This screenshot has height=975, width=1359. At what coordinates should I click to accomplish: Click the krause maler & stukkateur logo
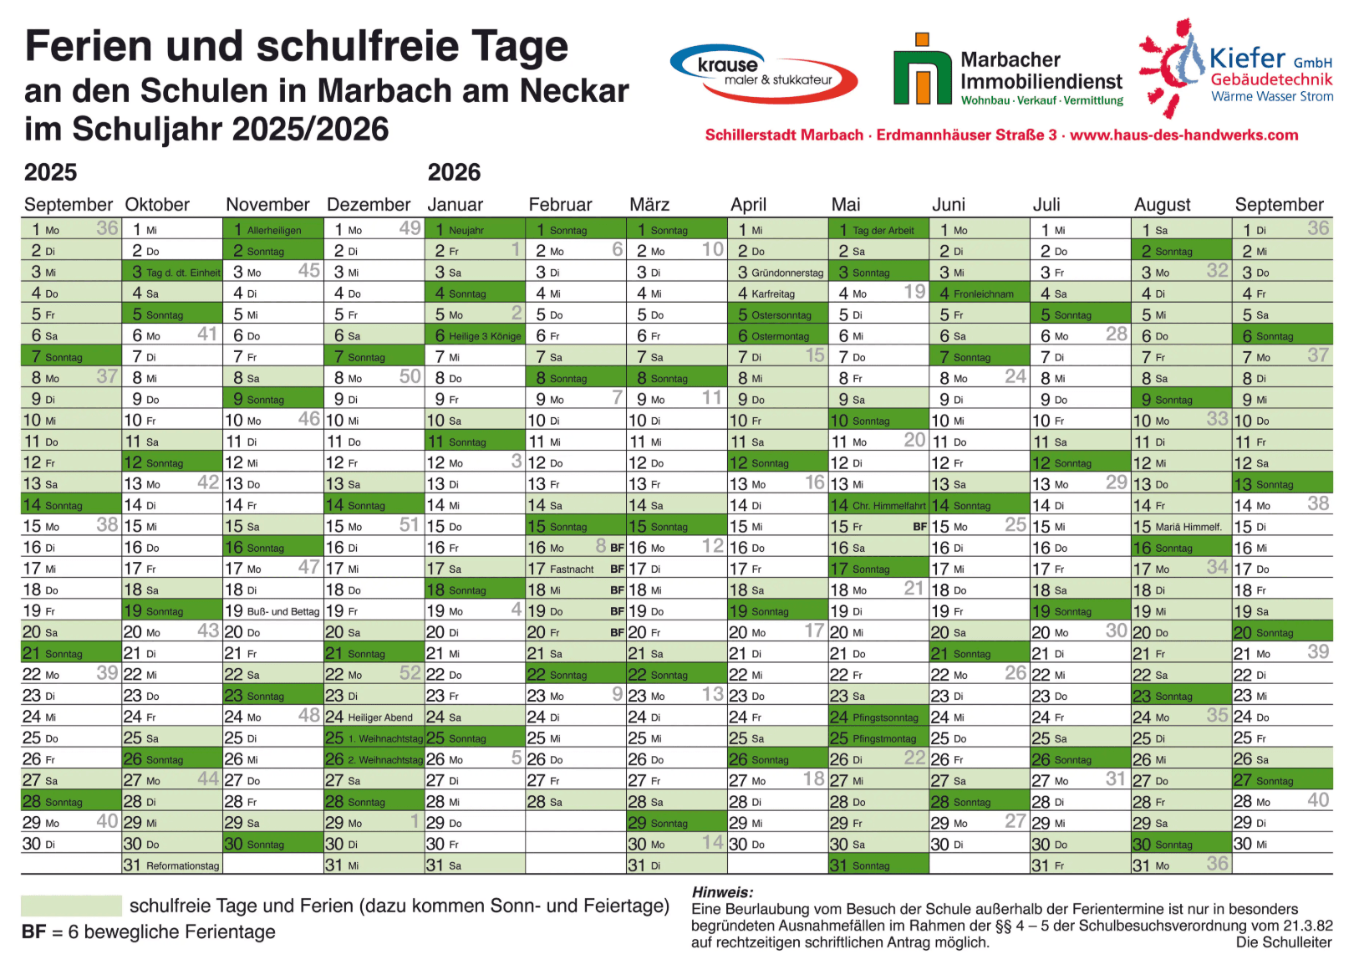[763, 73]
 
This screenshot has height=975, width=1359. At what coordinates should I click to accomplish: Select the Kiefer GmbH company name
[1270, 59]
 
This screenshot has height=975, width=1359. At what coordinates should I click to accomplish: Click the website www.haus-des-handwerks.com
[1183, 135]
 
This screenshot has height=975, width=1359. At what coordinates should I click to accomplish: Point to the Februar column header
[560, 205]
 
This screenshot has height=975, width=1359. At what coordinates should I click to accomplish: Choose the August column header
[1162, 205]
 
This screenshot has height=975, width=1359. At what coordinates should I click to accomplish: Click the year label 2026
[454, 173]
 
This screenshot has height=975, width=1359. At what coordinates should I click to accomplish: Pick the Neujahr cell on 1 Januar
[475, 230]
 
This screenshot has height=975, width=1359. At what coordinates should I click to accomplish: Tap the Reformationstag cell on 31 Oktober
[172, 865]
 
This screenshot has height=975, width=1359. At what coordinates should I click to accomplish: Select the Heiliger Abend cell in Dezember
[374, 717]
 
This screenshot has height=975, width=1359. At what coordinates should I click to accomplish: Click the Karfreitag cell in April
[777, 294]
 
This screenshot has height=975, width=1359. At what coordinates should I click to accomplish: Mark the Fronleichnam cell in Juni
[979, 294]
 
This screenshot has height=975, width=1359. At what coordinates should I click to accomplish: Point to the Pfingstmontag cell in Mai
[878, 738]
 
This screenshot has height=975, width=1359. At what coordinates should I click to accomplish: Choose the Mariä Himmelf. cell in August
[1181, 527]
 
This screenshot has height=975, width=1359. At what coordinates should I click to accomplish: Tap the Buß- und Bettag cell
[273, 611]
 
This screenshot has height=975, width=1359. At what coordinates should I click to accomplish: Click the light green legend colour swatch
[71, 906]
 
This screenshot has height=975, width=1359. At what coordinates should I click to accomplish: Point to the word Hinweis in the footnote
[722, 892]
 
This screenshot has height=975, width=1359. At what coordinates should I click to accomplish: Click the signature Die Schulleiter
[1284, 942]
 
